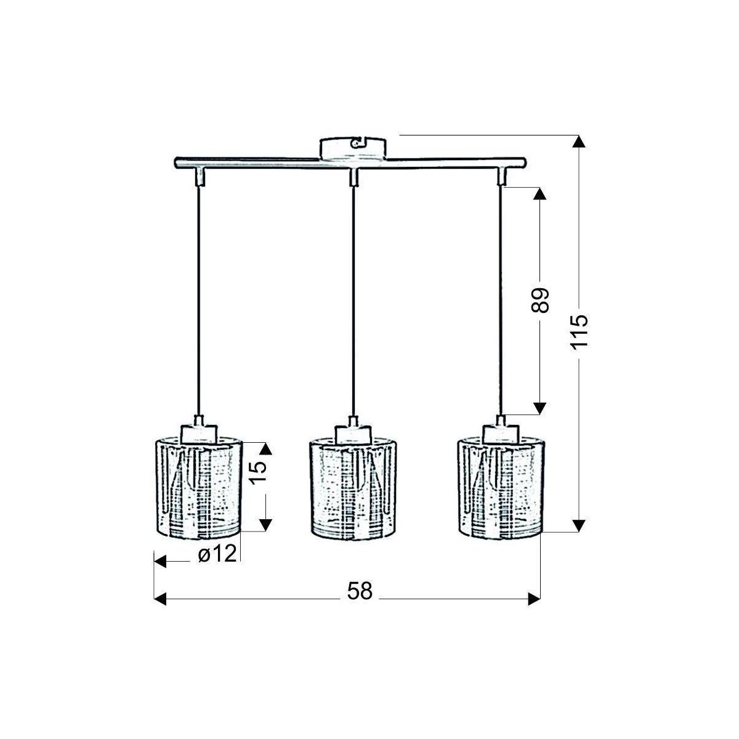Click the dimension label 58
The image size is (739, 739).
[360, 591]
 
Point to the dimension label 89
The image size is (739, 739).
[540, 301]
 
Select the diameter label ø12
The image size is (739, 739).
[217, 554]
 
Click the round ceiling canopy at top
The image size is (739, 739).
[353, 149]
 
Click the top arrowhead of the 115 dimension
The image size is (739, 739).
[579, 142]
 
